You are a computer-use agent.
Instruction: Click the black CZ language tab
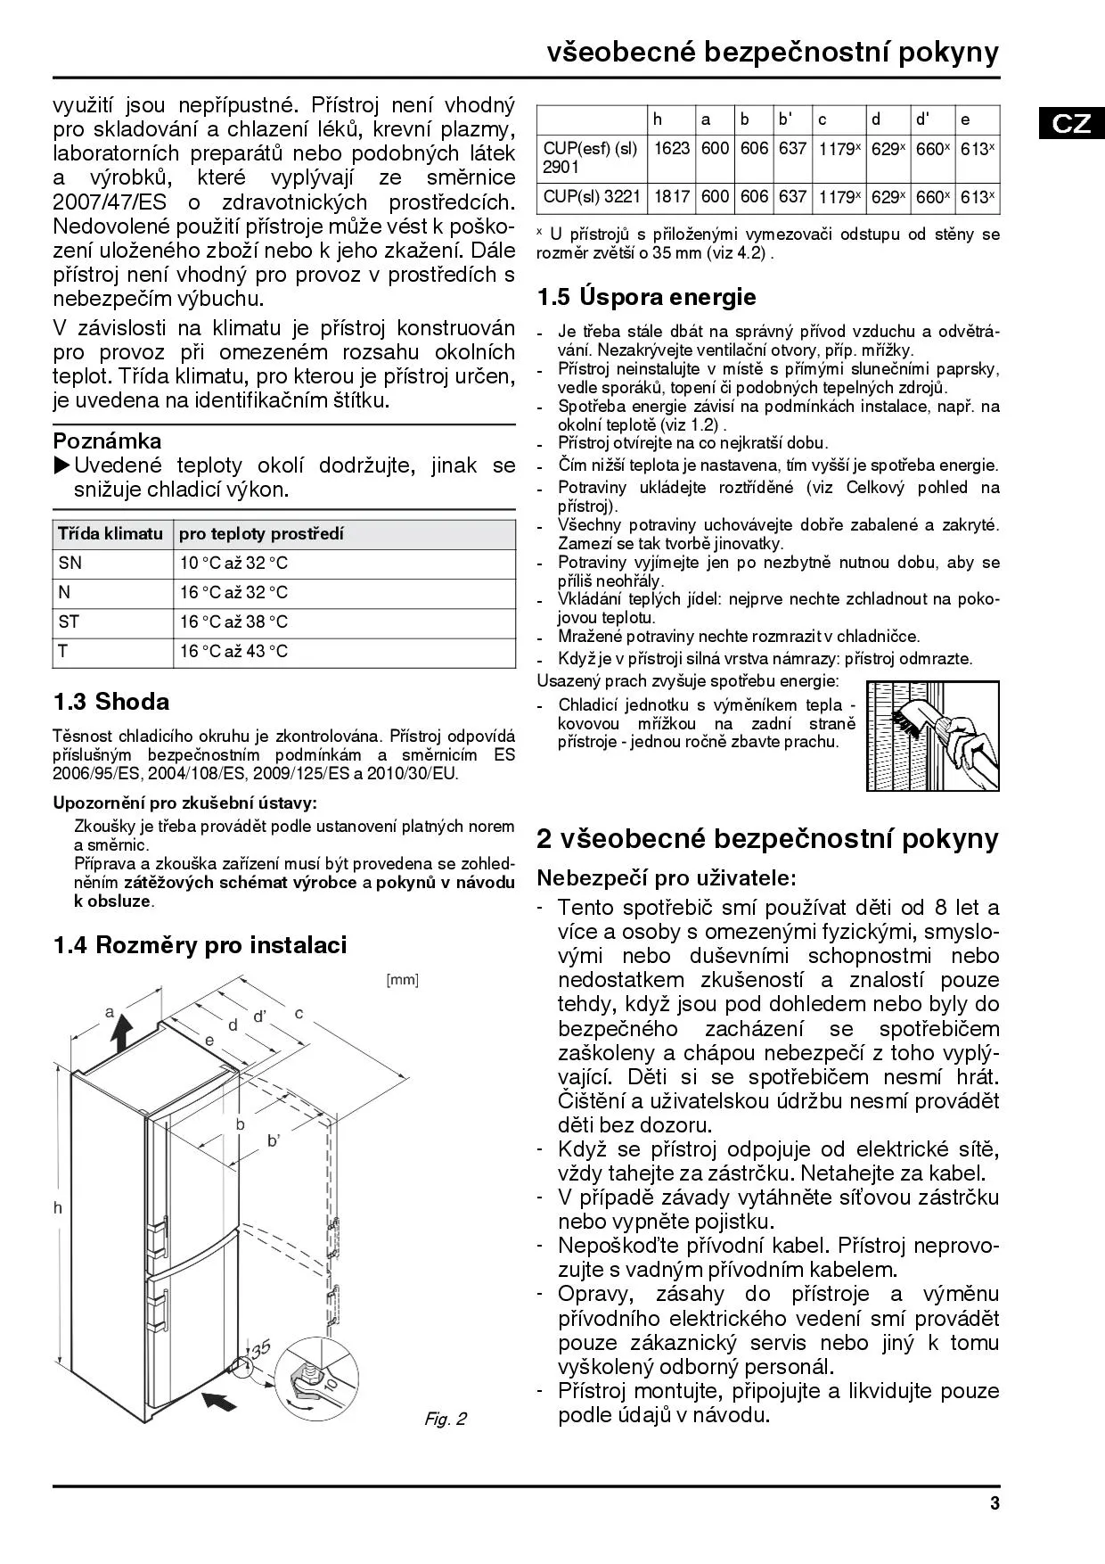[x=1071, y=123]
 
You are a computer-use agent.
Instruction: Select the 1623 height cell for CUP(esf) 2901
[x=672, y=149]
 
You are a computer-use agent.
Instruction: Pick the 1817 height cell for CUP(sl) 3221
[x=672, y=196]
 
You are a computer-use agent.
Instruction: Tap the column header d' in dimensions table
[x=922, y=119]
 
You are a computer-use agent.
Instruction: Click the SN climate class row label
[x=70, y=564]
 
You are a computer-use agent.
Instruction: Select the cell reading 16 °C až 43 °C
[x=234, y=652]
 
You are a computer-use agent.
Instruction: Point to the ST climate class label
[x=69, y=622]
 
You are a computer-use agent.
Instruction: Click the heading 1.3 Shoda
[x=111, y=702]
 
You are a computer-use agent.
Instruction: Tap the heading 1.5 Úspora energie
[x=646, y=297]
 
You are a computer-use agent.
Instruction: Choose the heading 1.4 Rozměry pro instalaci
[x=200, y=945]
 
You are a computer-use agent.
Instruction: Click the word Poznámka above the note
[x=107, y=441]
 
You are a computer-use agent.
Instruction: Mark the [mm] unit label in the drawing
[x=402, y=980]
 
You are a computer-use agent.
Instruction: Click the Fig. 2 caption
[x=445, y=1419]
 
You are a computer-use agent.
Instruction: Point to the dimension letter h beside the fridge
[x=58, y=1208]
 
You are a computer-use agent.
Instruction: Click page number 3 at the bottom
[x=994, y=1504]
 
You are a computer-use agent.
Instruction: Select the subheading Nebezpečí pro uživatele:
[x=666, y=878]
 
